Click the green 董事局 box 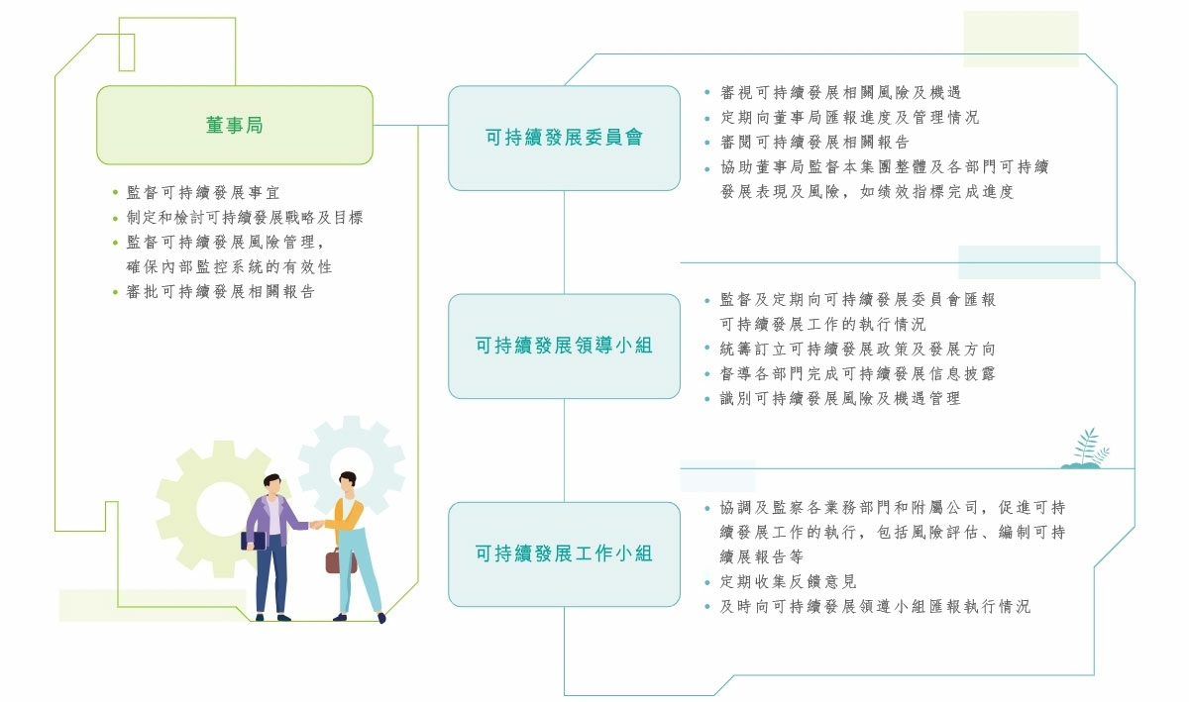235,125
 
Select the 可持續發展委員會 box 564,138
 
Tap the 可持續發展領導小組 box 564,346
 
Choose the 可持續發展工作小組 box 564,553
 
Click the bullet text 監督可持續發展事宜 203,193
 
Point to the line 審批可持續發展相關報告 220,292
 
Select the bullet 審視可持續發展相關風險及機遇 840,93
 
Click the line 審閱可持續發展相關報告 814,143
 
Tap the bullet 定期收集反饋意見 788,582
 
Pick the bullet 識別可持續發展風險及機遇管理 840,398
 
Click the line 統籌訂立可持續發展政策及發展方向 857,350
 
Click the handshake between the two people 316,525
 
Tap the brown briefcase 340,560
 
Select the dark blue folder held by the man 254,541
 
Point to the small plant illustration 1085,449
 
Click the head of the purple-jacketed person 272,484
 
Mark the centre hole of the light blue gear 351,467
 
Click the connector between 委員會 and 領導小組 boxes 564,242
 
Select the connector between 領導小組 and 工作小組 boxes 564,450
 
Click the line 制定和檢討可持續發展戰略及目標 244,218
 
